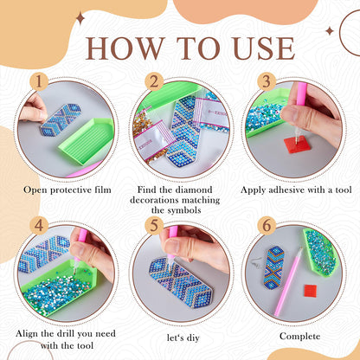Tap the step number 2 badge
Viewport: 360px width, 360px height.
coord(153,83)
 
